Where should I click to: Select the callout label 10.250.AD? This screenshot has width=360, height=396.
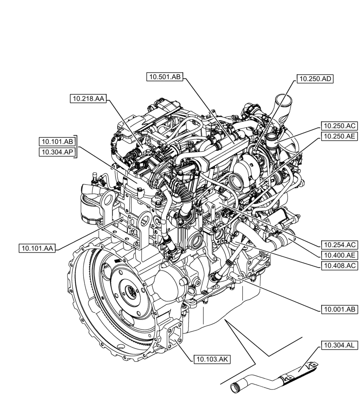click(x=315, y=79)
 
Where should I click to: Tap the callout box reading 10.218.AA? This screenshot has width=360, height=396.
click(x=88, y=99)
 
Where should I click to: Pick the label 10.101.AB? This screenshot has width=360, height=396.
click(x=57, y=141)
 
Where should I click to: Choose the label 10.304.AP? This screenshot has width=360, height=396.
click(x=57, y=152)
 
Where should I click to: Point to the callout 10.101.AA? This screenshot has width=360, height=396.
click(x=37, y=248)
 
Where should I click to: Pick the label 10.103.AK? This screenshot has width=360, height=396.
click(x=212, y=359)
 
